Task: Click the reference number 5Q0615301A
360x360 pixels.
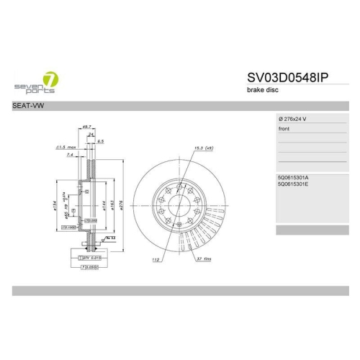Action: (297, 176)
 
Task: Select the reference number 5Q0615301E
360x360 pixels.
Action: (297, 184)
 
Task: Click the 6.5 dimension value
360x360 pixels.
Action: (101, 142)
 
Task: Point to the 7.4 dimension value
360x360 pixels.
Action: (69, 155)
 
